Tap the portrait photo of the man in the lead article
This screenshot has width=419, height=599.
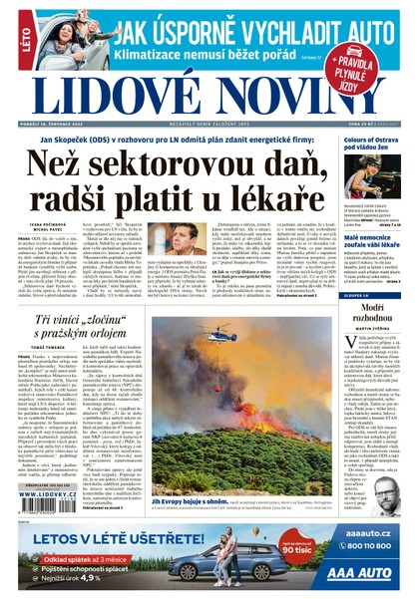[182, 239]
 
